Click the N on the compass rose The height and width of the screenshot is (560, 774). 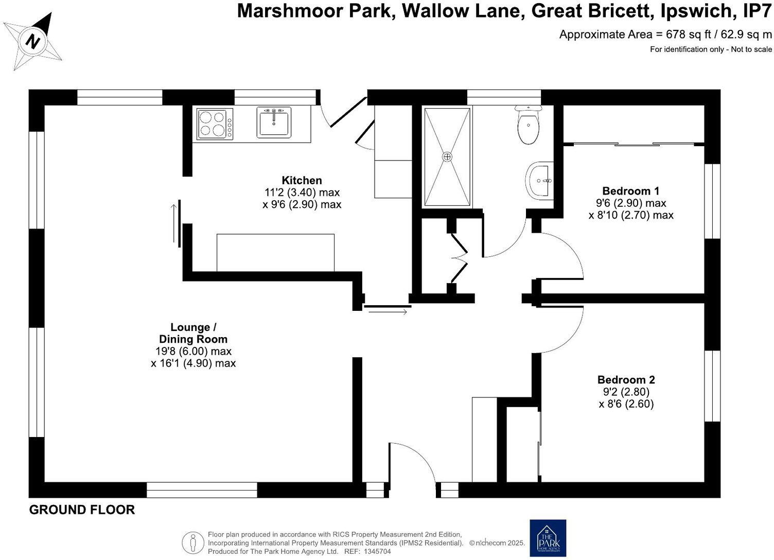(x=33, y=42)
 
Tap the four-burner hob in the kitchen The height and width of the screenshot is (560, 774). (x=215, y=124)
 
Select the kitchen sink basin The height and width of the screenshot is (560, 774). (x=274, y=122)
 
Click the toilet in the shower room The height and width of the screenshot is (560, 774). (x=528, y=125)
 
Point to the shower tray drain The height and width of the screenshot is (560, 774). (x=447, y=157)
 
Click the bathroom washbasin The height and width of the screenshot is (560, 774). (x=539, y=181)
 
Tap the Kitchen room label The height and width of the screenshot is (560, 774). (x=302, y=181)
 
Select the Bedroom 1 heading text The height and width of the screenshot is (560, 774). (x=630, y=191)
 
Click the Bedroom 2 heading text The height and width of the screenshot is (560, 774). (x=626, y=379)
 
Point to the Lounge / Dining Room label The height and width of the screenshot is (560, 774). (x=193, y=333)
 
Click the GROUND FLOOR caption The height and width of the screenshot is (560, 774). (x=82, y=510)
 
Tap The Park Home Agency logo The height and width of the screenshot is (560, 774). (x=548, y=538)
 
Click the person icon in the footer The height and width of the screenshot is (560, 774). (x=193, y=542)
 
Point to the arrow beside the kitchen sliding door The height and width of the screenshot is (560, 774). (x=174, y=223)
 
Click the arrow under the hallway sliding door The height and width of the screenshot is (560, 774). (x=388, y=312)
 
